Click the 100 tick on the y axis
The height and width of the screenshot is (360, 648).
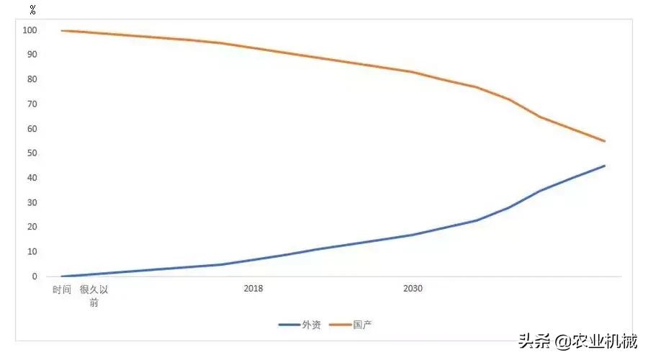[30, 30]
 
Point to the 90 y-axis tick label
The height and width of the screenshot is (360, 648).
[32, 55]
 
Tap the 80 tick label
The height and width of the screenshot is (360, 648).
[32, 79]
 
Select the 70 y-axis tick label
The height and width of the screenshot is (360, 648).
[32, 104]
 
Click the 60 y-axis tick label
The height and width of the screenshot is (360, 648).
[32, 129]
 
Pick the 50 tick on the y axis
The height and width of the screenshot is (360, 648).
[32, 153]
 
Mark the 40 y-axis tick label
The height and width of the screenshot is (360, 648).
[32, 178]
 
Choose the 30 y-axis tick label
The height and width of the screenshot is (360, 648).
[32, 202]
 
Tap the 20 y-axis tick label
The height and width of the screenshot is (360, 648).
[32, 228]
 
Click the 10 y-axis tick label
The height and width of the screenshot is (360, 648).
[32, 252]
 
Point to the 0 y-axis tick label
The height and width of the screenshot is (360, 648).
[34, 276]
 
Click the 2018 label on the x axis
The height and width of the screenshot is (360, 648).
[253, 289]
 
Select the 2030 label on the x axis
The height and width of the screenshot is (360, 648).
[413, 289]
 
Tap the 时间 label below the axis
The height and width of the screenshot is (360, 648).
[62, 289]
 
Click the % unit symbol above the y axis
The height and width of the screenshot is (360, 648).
[32, 11]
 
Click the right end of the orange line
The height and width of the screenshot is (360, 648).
[605, 141]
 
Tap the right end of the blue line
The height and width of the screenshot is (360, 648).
[605, 166]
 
